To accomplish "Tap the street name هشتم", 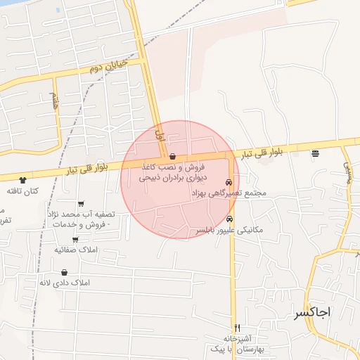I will pos(56,100).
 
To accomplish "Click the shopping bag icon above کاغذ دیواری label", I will pos(173,157).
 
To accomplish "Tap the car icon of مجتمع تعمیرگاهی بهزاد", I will pos(229,182).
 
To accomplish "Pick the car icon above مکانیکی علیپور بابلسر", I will pos(229,219).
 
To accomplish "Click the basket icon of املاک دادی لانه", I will pos(65,272).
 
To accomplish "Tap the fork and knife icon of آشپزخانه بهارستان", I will pos(237,328).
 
